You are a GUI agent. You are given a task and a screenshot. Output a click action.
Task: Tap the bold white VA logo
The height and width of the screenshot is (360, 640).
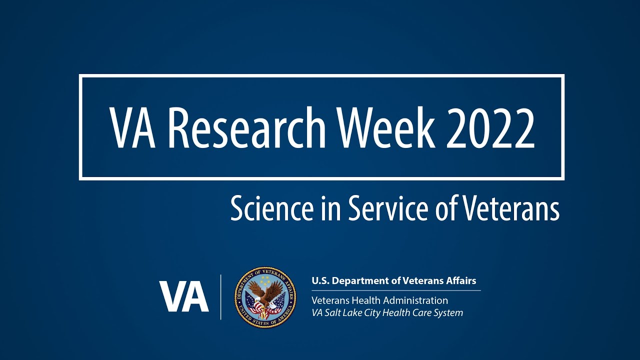pos(183,296)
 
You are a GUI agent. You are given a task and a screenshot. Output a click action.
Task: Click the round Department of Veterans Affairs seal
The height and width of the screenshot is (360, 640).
pos(265,297)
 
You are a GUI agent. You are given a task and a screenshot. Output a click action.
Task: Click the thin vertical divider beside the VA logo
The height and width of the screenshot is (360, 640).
pos(221,297)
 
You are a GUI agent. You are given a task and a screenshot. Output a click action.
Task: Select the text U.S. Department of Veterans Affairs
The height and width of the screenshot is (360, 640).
pos(393,281)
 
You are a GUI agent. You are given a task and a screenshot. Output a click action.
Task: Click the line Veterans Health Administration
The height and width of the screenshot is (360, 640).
pos(379,300)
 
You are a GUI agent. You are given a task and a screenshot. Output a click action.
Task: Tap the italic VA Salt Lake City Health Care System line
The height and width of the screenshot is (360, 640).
pos(387,313)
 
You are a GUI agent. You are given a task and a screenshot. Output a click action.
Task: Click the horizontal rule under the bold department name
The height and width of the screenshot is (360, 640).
pos(395,290)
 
